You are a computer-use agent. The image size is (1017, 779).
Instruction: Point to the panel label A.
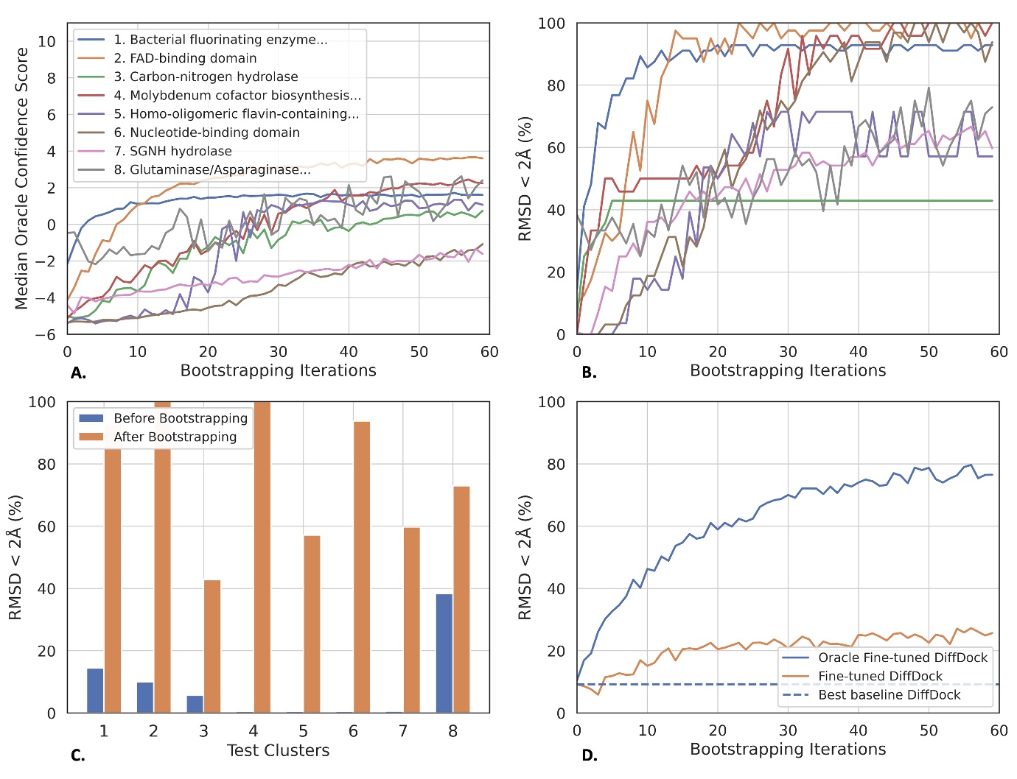pos(78,373)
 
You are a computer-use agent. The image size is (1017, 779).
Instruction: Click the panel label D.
pos(590,755)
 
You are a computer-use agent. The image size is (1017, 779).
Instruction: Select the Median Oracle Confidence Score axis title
pos(21,178)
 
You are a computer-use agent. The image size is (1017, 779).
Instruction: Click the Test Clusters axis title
pos(278,750)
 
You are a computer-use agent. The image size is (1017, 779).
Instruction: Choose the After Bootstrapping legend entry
pos(175,437)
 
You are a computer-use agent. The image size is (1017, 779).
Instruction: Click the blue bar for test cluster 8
pos(444,653)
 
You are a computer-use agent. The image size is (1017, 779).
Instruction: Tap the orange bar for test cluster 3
pos(212,646)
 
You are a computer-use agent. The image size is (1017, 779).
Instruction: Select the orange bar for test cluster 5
pos(312,624)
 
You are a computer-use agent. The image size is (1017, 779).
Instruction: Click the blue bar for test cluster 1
pos(95,691)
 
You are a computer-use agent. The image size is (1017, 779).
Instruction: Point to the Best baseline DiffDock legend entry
pos(889,695)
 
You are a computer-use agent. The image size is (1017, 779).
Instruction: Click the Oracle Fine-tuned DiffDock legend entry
pos(902,658)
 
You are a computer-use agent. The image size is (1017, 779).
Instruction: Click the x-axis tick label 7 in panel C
pos(403,731)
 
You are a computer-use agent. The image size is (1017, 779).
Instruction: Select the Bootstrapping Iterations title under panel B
pos(788,370)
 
